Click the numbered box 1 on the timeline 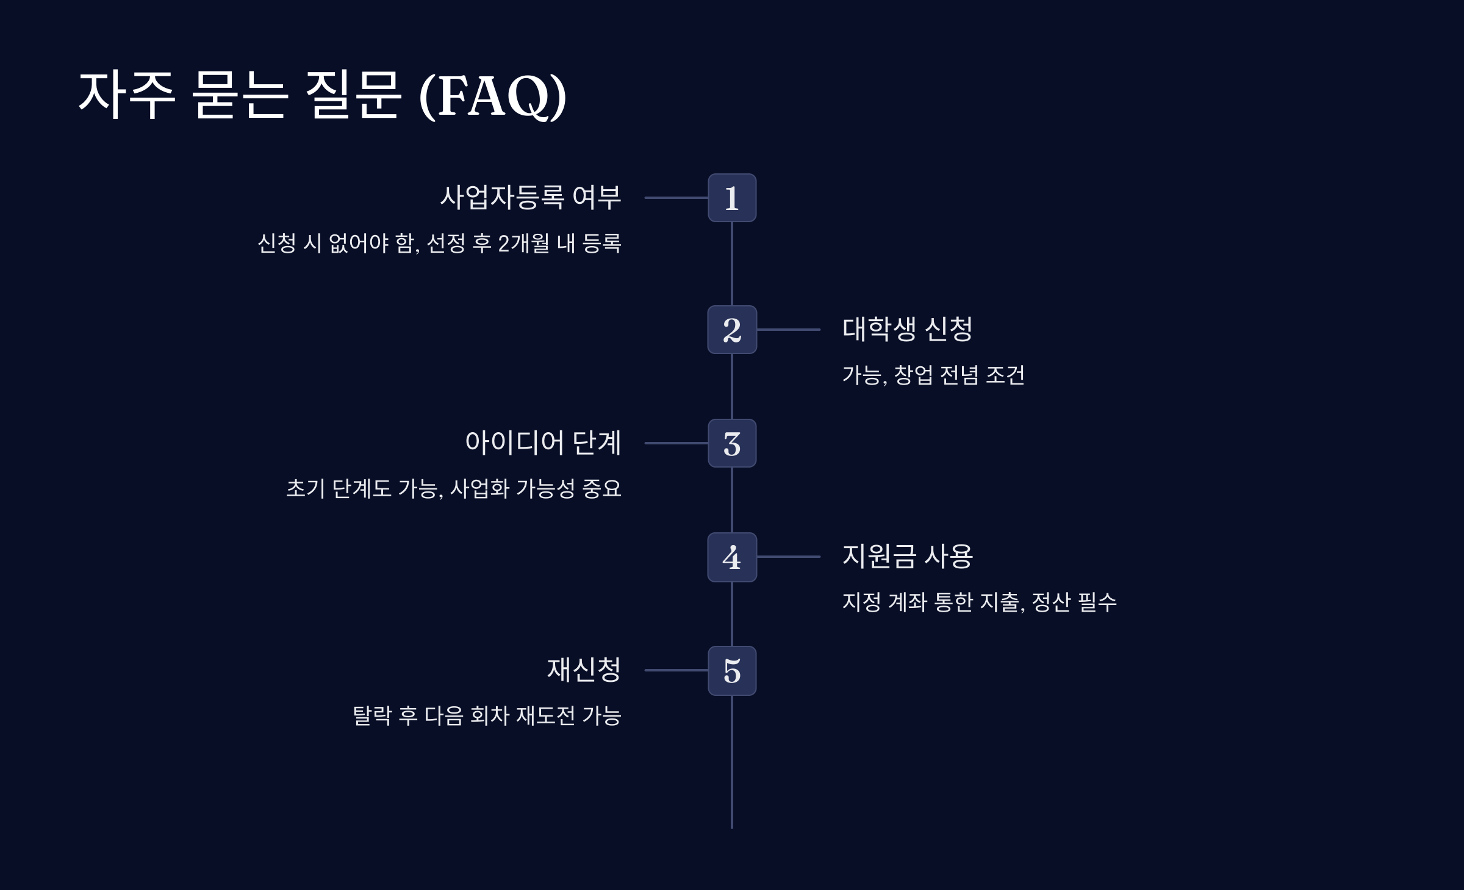click(732, 198)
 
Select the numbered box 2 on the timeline click(732, 330)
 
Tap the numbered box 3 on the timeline click(732, 443)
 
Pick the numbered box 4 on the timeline click(732, 557)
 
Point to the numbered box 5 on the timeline click(732, 670)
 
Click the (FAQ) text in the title click(493, 96)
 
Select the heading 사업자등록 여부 click(530, 197)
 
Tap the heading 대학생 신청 click(907, 329)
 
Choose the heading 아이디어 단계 click(543, 443)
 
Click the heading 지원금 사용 click(907, 556)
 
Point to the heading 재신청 click(584, 670)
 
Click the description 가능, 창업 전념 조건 click(933, 375)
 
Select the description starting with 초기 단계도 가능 click(454, 488)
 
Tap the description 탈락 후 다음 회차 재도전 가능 click(487, 715)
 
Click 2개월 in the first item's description click(524, 243)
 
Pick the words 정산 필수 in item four click(1074, 602)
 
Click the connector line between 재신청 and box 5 click(676, 670)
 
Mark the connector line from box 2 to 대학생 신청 click(788, 330)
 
